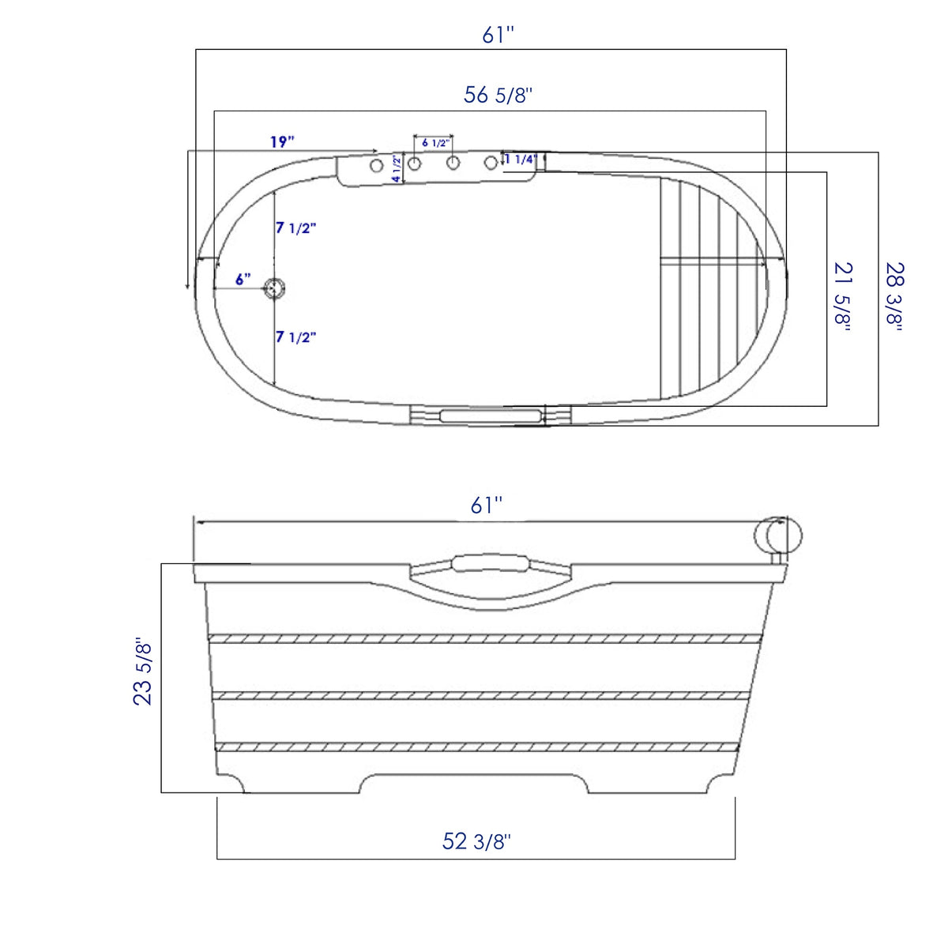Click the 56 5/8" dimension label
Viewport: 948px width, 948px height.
pos(498,96)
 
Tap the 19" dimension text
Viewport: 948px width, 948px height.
pos(282,142)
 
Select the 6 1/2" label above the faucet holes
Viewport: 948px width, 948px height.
pos(435,143)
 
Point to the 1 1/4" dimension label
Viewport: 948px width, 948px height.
pos(521,160)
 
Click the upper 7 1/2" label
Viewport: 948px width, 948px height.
pos(296,228)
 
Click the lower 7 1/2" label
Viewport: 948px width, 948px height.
pos(296,337)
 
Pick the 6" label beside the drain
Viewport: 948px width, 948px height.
pos(243,279)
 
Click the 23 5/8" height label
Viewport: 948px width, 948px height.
pos(143,671)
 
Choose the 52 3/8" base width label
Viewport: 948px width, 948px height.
pos(476,841)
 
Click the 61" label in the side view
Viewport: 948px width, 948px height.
pos(487,506)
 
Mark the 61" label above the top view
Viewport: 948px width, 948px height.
pos(498,36)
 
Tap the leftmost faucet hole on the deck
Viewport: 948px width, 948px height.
pos(377,165)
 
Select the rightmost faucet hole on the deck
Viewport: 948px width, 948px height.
pos(491,162)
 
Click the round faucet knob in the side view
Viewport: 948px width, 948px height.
pos(778,536)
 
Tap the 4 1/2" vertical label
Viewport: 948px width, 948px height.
pos(397,168)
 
